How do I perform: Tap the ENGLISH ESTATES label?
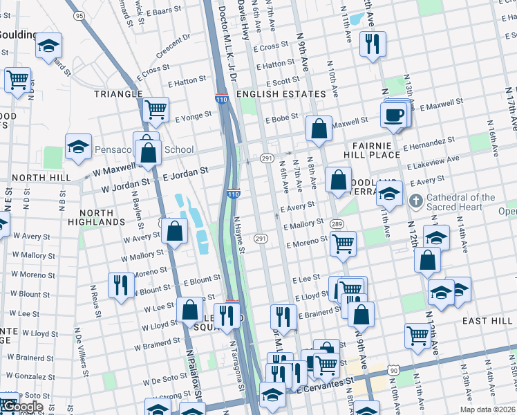tap(281, 94)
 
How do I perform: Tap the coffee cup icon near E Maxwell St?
tap(394, 114)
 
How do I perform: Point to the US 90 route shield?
tap(393, 371)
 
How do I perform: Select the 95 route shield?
tap(78, 15)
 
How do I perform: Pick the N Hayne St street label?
tap(239, 235)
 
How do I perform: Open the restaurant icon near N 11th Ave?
tap(373, 44)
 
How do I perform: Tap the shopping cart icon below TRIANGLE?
tap(156, 109)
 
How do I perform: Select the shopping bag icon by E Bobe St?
tap(317, 129)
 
